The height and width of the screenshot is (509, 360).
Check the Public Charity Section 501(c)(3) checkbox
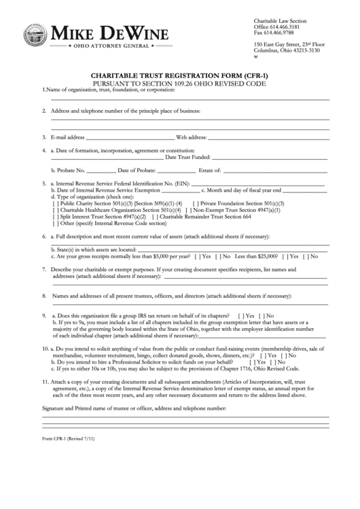pos(55,203)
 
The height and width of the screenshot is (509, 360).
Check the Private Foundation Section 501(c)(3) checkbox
pos(195,203)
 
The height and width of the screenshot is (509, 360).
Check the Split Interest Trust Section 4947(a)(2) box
pos(55,215)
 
